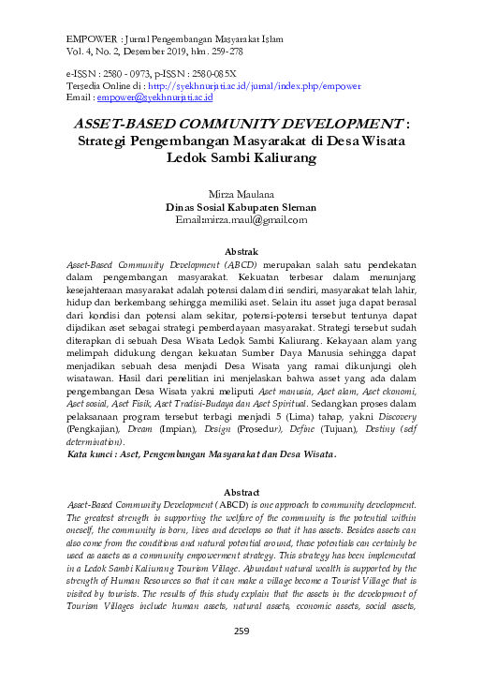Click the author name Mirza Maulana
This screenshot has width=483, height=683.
click(x=241, y=195)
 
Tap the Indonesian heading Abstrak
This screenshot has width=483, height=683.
click(x=241, y=251)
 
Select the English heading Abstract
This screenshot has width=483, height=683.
click(x=241, y=492)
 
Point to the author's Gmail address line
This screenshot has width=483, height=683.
click(x=241, y=221)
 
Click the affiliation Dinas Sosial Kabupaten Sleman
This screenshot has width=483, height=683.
click(x=241, y=208)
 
